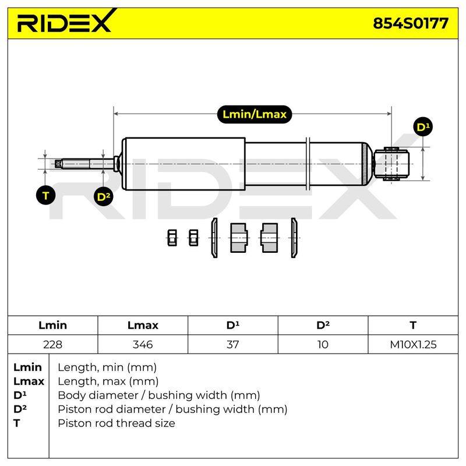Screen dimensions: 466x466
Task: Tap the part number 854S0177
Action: [411, 23]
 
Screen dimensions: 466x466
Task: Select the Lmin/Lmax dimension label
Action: [255, 114]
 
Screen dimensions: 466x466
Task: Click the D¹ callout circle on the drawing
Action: [423, 127]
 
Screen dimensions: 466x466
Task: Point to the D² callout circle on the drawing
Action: [103, 196]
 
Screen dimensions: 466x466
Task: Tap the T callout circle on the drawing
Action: [45, 196]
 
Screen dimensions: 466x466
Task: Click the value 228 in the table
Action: [52, 344]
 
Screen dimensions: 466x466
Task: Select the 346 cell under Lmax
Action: [143, 344]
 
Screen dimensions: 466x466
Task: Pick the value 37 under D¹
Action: [232, 344]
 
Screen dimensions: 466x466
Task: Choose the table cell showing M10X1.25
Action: [413, 344]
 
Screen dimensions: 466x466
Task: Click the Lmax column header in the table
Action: [143, 325]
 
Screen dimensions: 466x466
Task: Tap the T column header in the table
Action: [413, 325]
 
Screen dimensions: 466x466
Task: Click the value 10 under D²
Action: [323, 344]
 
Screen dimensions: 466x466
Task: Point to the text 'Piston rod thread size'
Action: [116, 423]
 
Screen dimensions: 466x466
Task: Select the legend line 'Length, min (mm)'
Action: [107, 368]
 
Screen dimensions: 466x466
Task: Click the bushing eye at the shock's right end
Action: [391, 164]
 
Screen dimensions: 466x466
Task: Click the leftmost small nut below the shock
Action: [172, 238]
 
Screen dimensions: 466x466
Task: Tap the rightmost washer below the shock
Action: [294, 238]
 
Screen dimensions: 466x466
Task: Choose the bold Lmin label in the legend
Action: [27, 368]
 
